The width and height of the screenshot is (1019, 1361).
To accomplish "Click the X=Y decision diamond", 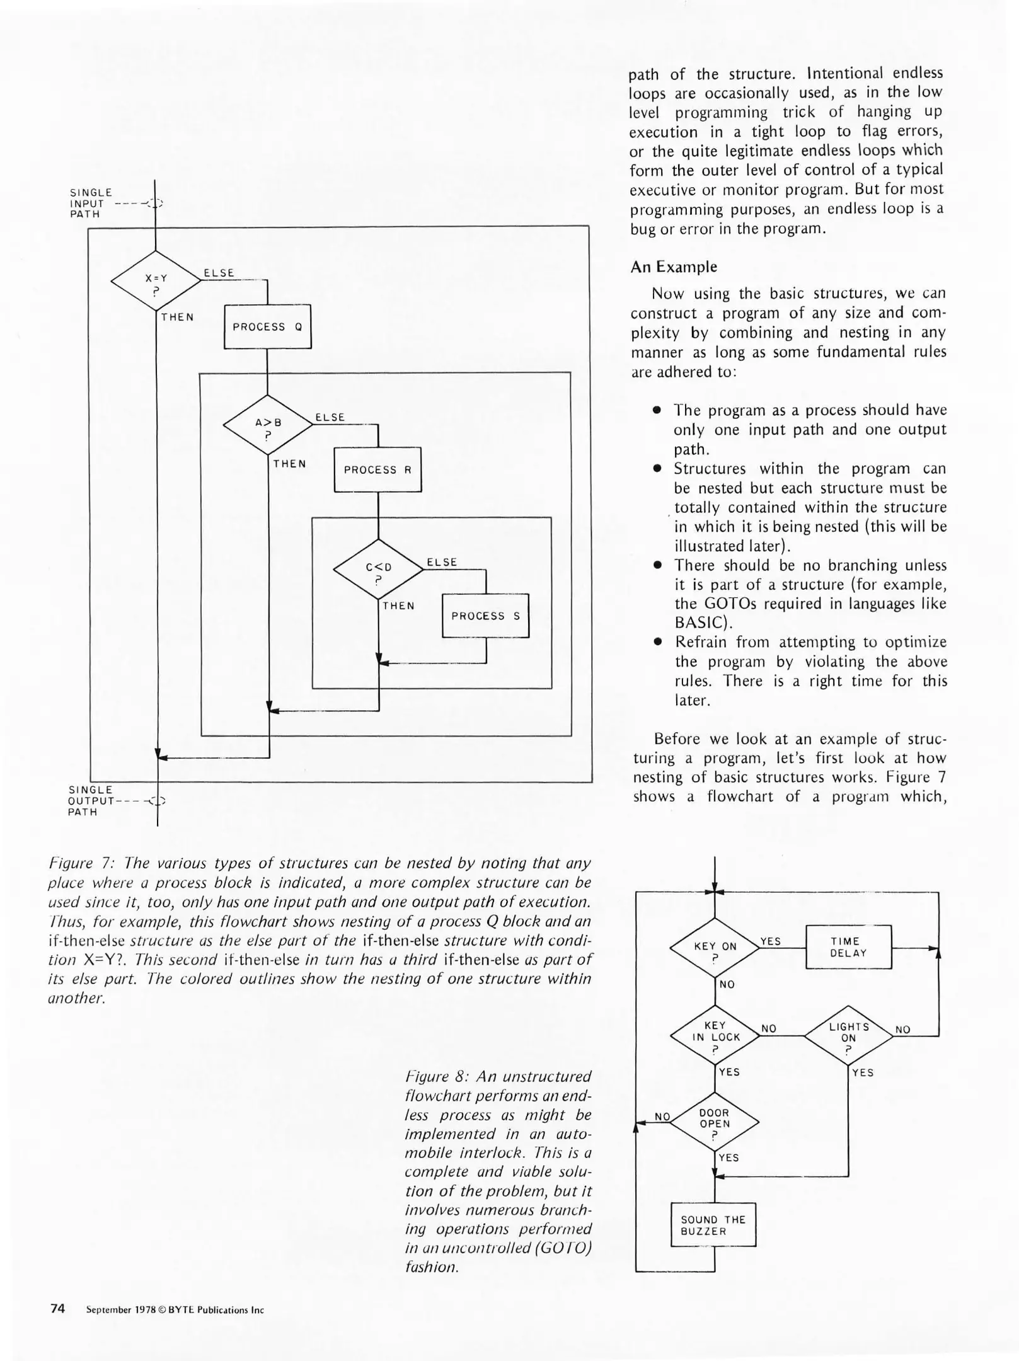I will (156, 281).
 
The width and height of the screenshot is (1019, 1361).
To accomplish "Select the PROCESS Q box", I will (268, 327).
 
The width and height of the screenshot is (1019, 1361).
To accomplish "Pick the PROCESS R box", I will (377, 470).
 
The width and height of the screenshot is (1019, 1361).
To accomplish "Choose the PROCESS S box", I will (485, 616).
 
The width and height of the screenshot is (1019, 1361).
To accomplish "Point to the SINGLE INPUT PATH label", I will (91, 203).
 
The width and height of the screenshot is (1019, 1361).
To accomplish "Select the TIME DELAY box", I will (848, 947).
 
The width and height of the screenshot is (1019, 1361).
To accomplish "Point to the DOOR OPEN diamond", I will (715, 1122).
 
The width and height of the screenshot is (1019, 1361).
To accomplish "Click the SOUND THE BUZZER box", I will (713, 1225).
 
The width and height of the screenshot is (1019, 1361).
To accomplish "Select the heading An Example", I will (674, 267).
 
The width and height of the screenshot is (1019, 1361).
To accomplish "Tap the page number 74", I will (57, 1309).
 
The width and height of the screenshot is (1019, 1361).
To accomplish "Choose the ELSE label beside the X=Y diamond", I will (219, 273).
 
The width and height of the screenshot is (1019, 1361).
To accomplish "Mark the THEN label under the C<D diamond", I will (398, 606).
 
